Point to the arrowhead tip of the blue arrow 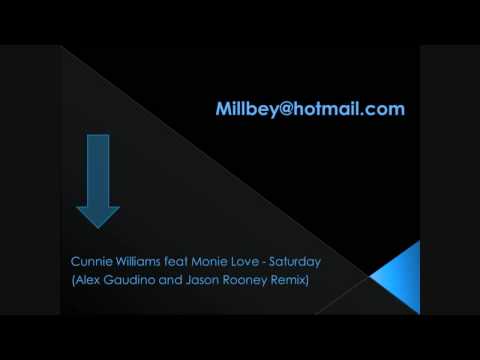pyautogui.click(x=97, y=226)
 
